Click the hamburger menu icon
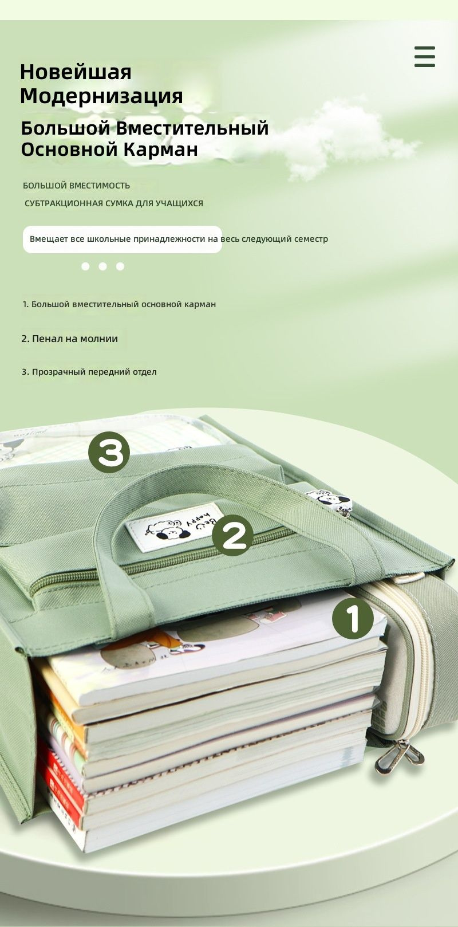[425, 56]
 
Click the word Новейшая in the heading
[76, 72]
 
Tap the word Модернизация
[101, 96]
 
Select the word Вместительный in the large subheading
[192, 128]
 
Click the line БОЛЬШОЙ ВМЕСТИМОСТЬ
[77, 186]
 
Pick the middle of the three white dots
[103, 266]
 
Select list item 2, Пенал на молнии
[69, 339]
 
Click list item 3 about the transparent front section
[89, 372]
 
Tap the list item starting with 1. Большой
[119, 304]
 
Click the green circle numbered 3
[109, 452]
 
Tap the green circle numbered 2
[232, 535]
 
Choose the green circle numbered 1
[353, 619]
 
